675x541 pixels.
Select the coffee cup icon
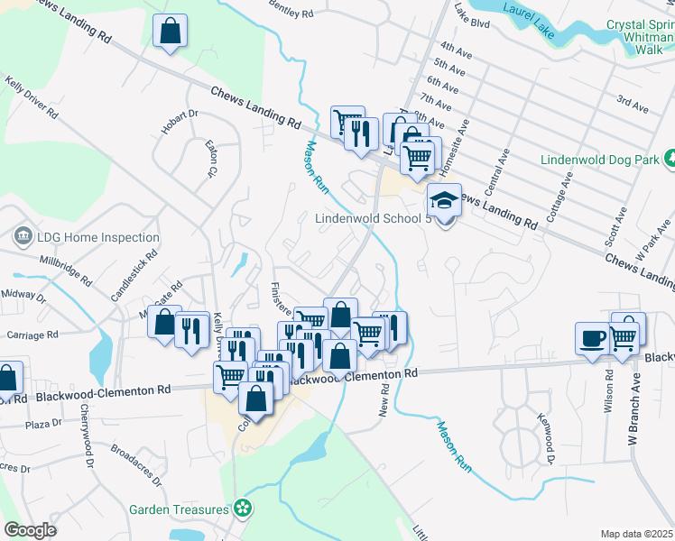[x=592, y=338]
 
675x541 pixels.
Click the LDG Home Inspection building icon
[x=22, y=238]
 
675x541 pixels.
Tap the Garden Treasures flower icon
[x=241, y=509]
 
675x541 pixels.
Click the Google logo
[x=30, y=530]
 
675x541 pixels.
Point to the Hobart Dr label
[x=180, y=122]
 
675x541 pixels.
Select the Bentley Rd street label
[x=291, y=9]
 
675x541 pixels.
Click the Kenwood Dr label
[x=545, y=439]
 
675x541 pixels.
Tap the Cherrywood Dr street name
[x=88, y=445]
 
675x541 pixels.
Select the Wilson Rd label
[x=608, y=390]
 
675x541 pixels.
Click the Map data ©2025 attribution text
[x=635, y=534]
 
